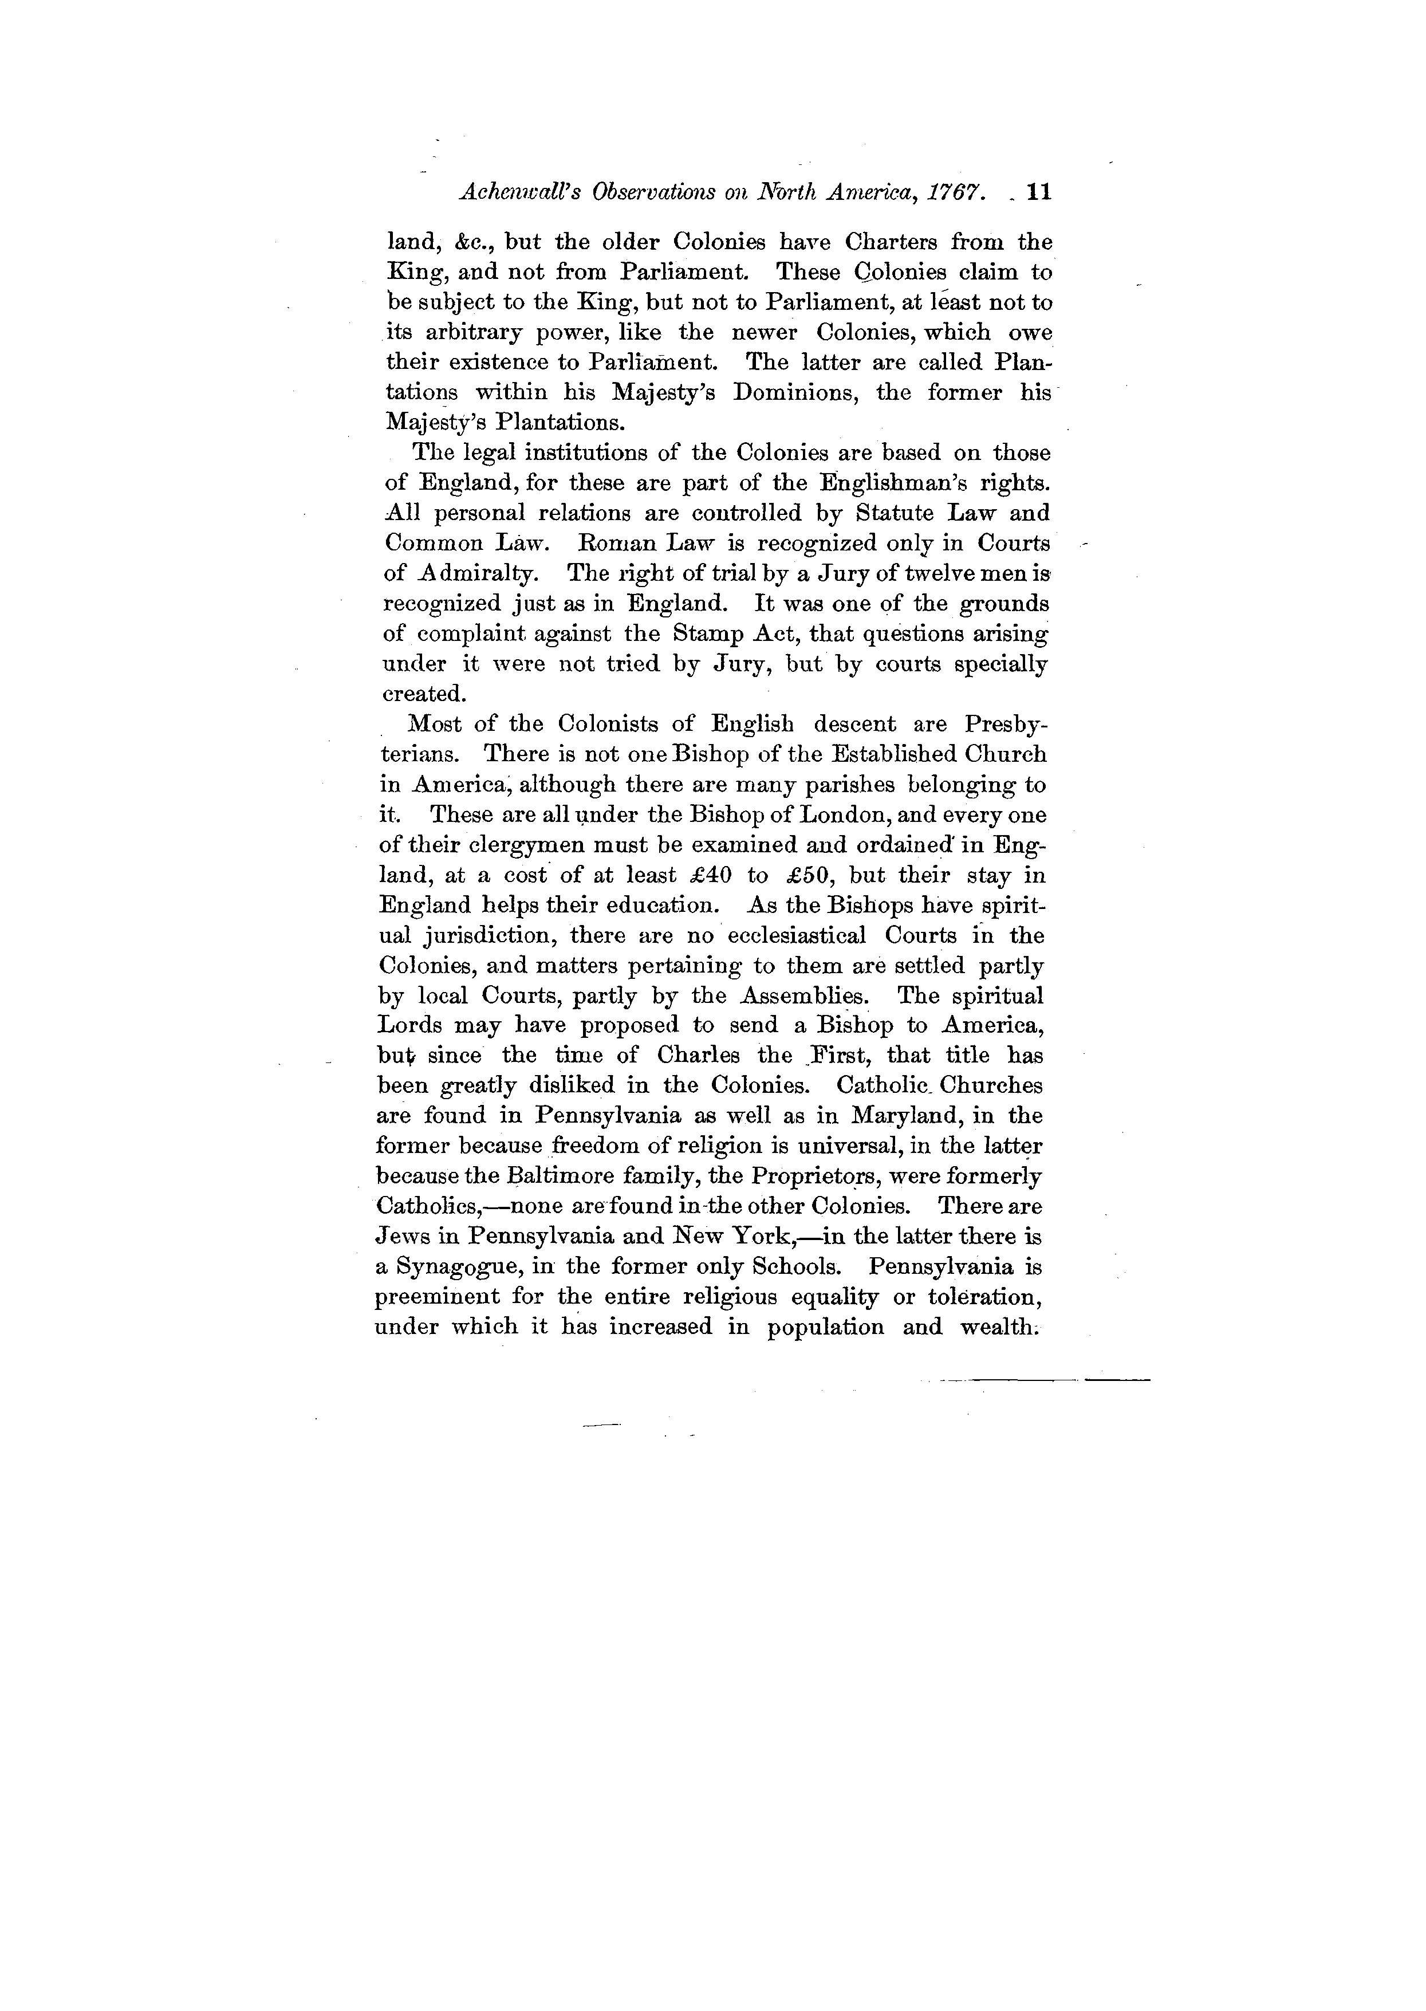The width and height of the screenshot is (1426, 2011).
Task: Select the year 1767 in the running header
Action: point(967,193)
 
